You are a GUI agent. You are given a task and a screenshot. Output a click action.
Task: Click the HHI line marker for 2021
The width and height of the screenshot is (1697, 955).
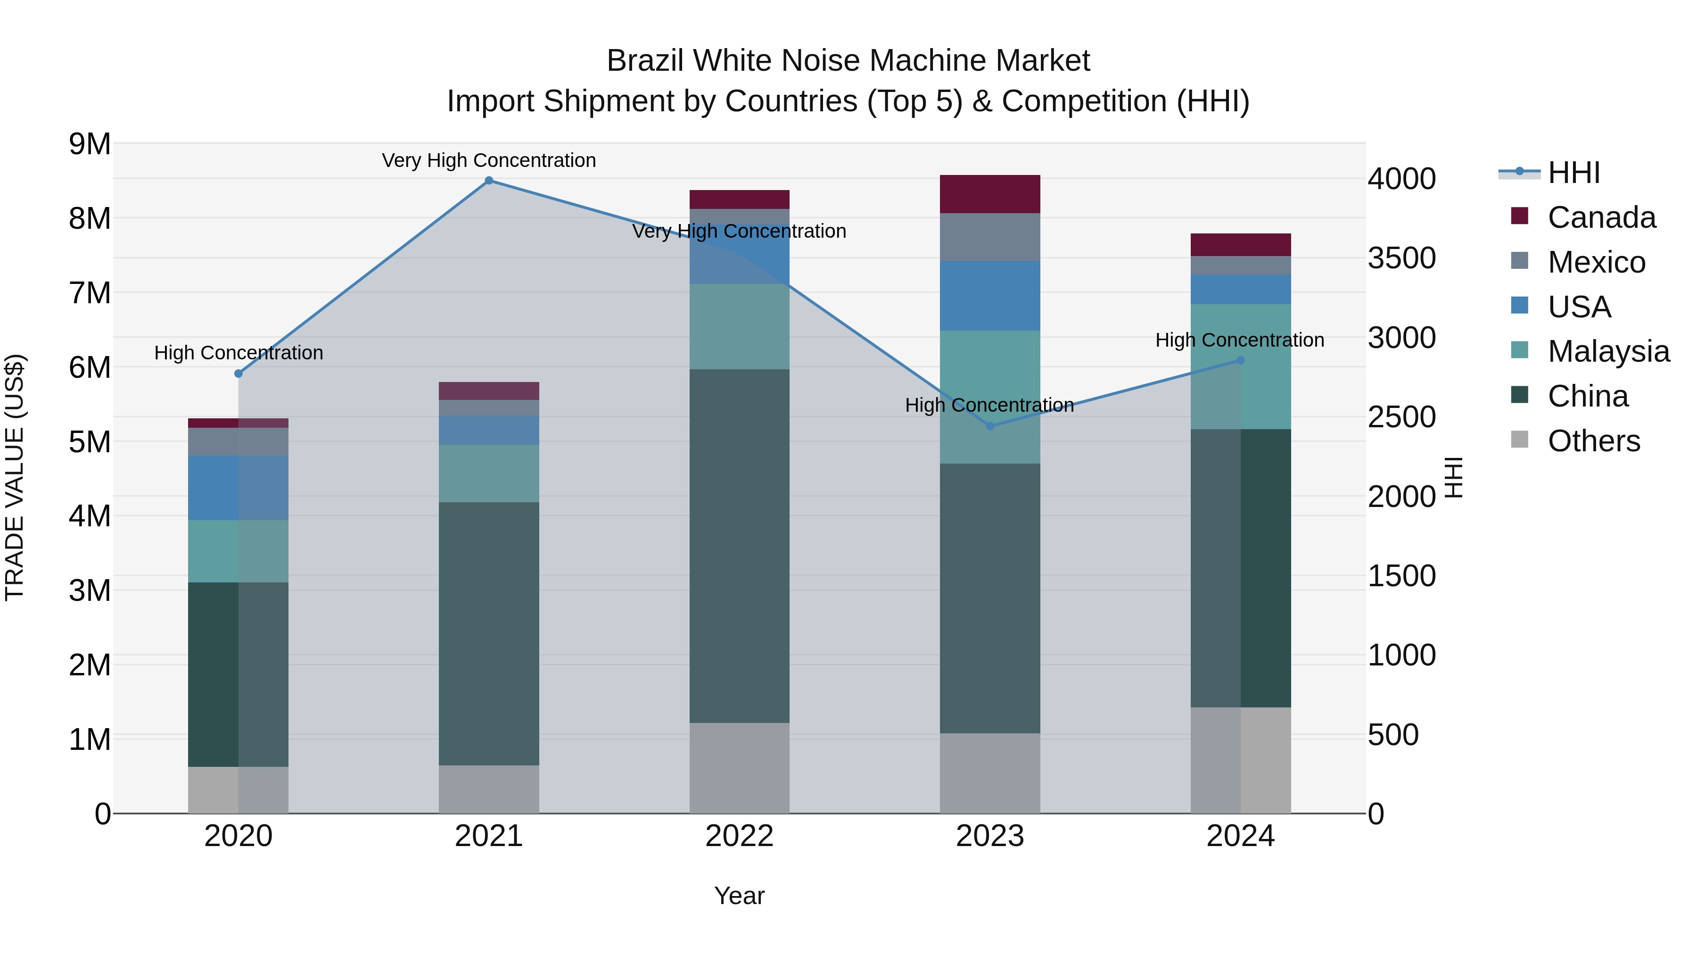click(x=489, y=181)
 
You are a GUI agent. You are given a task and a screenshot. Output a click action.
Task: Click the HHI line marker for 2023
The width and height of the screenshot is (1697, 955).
click(x=989, y=426)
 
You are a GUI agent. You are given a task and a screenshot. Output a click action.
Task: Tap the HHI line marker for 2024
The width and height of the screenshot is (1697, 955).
click(x=1241, y=360)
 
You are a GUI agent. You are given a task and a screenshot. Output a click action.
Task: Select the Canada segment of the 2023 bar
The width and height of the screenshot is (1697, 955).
click(x=989, y=194)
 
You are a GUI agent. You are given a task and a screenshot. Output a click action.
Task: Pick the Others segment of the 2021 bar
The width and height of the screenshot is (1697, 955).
click(x=489, y=789)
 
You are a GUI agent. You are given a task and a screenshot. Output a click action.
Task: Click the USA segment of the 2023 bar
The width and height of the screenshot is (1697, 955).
click(x=989, y=295)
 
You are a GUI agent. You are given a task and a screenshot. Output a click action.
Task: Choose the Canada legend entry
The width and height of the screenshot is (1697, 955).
click(x=1601, y=217)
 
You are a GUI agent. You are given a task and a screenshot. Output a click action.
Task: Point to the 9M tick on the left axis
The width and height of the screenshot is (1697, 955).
click(x=90, y=144)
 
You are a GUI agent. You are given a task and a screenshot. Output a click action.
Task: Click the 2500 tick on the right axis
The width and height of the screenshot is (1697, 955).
click(x=1402, y=417)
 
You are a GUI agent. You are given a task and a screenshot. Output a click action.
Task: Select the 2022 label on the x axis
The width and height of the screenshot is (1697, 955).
click(x=739, y=836)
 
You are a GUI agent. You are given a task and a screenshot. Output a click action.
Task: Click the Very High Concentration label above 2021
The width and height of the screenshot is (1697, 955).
click(x=489, y=160)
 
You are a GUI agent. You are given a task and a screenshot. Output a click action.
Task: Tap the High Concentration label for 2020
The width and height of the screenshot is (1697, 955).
click(x=239, y=353)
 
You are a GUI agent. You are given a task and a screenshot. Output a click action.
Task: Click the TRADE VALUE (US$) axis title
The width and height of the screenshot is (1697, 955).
click(x=15, y=477)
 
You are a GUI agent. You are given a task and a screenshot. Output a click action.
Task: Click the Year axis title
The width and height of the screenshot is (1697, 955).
click(x=739, y=896)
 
